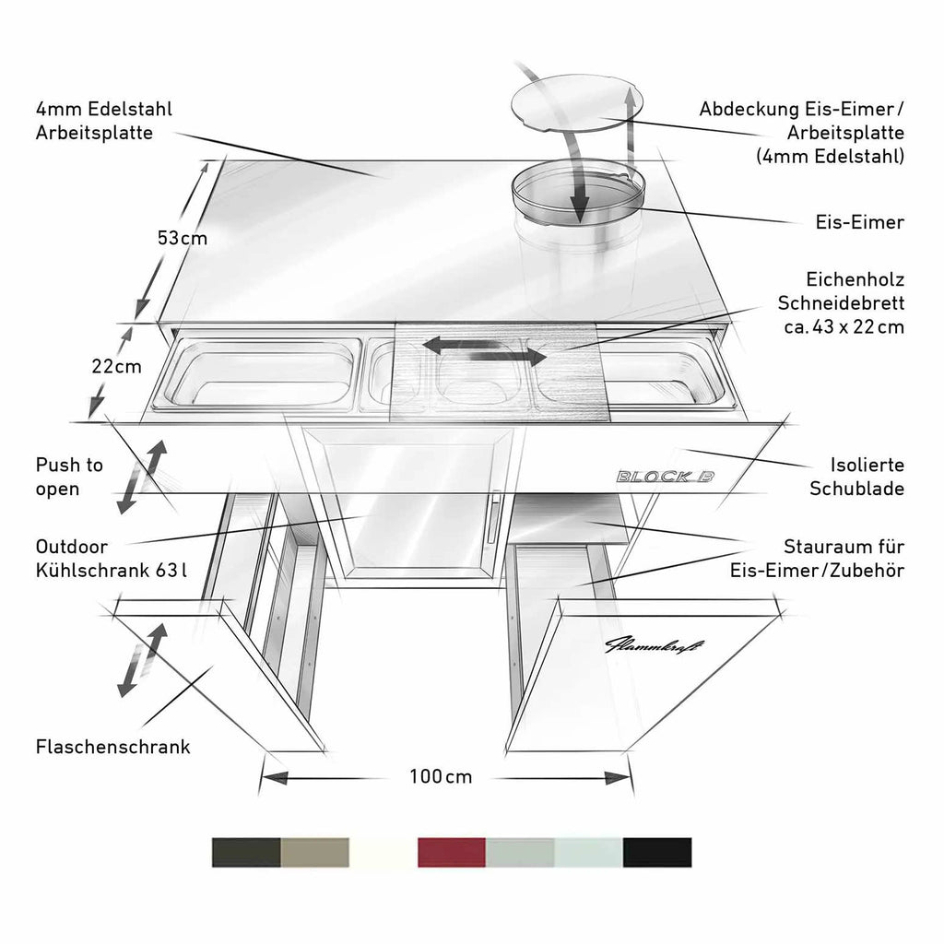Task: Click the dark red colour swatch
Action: (452, 852)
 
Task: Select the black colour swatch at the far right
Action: (657, 852)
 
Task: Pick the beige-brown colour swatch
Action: (315, 852)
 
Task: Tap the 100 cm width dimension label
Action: (441, 776)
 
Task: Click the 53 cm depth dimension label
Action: (183, 239)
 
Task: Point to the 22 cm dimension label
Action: (117, 366)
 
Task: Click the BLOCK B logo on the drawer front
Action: (666, 477)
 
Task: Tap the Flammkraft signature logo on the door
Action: (653, 645)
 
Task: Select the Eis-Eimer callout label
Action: (860, 222)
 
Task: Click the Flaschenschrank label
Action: (112, 747)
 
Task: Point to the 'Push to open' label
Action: (69, 477)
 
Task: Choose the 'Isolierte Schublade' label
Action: (856, 477)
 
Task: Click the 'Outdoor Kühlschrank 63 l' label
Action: (111, 558)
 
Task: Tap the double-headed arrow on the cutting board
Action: (485, 351)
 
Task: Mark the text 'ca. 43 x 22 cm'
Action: (844, 327)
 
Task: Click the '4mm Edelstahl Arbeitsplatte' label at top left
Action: (103, 121)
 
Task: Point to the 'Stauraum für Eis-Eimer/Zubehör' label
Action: (817, 558)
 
